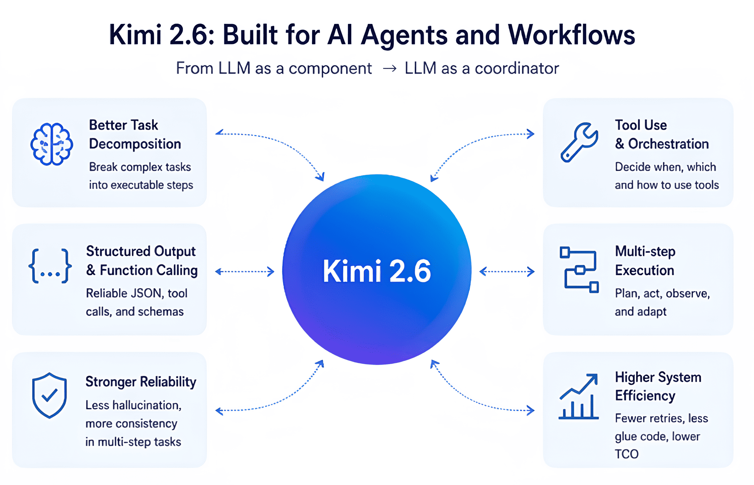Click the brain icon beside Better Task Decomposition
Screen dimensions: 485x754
tap(52, 144)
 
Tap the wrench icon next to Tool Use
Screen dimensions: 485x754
tap(579, 142)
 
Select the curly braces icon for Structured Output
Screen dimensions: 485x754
tap(50, 266)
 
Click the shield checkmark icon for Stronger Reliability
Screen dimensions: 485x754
tap(49, 395)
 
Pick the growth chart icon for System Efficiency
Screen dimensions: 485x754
tap(578, 396)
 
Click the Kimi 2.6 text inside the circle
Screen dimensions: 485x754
tap(377, 271)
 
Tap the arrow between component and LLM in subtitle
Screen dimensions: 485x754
tap(389, 68)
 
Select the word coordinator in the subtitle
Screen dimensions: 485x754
tap(517, 68)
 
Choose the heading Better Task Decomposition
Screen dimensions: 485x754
tap(135, 134)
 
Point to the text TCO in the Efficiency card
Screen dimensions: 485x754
tap(626, 454)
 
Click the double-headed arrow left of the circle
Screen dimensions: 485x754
tap(245, 272)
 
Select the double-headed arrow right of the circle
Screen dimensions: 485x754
tap(507, 272)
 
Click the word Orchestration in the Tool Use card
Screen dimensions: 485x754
tap(668, 144)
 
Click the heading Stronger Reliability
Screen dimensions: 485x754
tap(141, 382)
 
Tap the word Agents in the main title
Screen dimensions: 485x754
tap(404, 35)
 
